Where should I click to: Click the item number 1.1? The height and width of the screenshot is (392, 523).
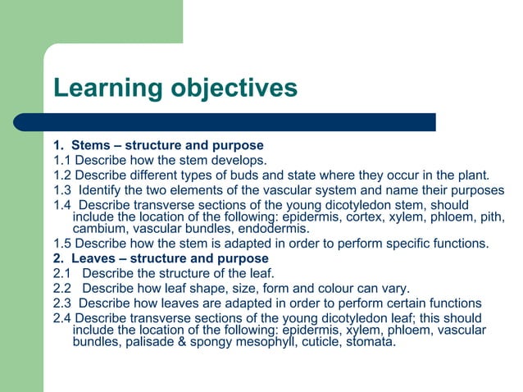coord(62,160)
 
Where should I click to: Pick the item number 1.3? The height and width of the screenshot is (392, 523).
coord(62,190)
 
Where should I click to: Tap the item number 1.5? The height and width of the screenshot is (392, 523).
coord(62,244)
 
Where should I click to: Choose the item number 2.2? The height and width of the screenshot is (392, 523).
coord(62,288)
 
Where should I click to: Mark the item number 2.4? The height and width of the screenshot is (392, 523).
coord(62,318)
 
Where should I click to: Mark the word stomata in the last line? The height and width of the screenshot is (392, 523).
coord(370,342)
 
